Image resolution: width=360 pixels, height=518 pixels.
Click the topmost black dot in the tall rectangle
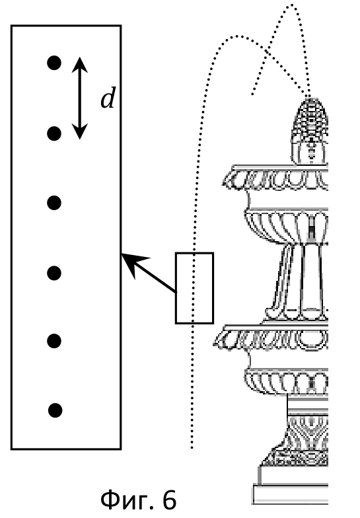pyautogui.click(x=54, y=63)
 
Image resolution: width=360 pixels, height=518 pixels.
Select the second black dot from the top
pyautogui.click(x=54, y=133)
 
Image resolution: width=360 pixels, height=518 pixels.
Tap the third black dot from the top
pyautogui.click(x=54, y=203)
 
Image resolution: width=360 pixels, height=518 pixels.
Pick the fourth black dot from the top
pyautogui.click(x=54, y=274)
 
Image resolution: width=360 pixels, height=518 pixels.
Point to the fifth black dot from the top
pyautogui.click(x=54, y=341)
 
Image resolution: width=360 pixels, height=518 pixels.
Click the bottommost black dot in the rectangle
pyautogui.click(x=55, y=410)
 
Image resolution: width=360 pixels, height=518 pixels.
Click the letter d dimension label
pyautogui.click(x=108, y=98)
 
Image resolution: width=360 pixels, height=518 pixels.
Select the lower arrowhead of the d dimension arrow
pyautogui.click(x=79, y=131)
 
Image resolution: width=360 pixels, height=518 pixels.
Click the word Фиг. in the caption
pyautogui.click(x=129, y=499)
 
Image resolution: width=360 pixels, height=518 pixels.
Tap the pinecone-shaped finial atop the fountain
pyautogui.click(x=310, y=131)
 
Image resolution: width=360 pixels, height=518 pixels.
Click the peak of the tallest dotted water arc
pyautogui.click(x=292, y=5)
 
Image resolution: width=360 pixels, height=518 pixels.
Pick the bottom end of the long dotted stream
pyautogui.click(x=192, y=448)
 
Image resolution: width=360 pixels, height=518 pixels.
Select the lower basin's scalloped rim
pyautogui.click(x=271, y=338)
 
